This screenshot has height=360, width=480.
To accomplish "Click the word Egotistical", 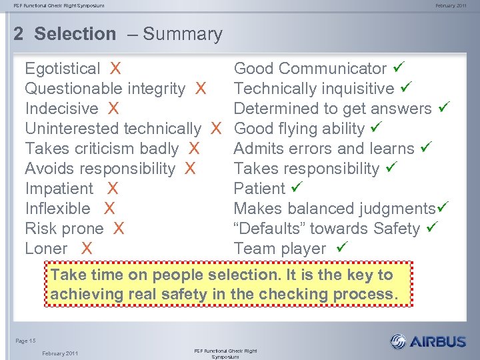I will (x=62, y=69).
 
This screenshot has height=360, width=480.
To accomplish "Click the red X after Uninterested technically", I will (x=216, y=129).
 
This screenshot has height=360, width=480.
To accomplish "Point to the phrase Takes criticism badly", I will (x=101, y=149).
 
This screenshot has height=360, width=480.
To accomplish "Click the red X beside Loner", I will (x=86, y=249).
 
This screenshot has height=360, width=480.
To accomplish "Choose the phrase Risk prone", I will (x=64, y=229).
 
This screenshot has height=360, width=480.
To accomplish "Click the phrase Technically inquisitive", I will (x=313, y=89).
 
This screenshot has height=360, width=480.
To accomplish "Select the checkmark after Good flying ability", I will (x=375, y=128).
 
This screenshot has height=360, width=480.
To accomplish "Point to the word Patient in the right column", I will (x=259, y=189).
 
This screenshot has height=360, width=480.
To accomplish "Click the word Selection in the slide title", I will (x=75, y=34).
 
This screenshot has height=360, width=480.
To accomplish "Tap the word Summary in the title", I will (x=183, y=34).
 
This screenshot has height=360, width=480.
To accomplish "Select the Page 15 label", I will (x=26, y=341).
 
